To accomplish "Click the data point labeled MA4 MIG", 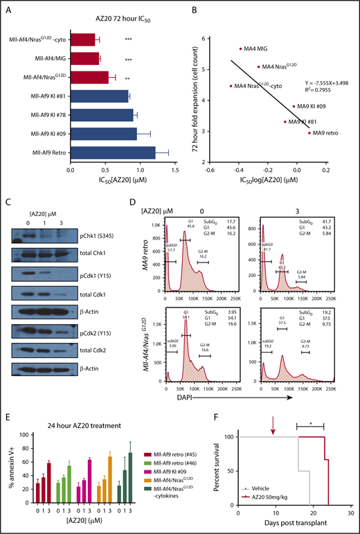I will (x=240, y=48).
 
